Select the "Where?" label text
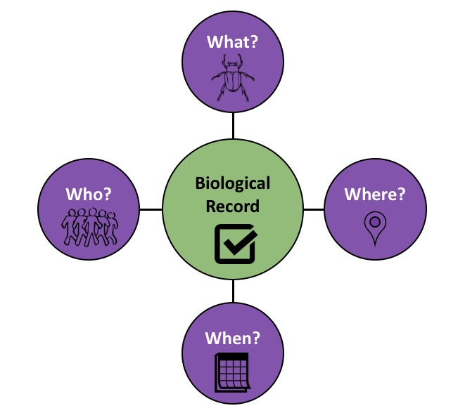374,194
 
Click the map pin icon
374,228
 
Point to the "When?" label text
233,338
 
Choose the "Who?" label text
89,193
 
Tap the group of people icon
90,226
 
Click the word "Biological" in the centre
233,184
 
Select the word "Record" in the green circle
233,206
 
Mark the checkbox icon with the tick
234,242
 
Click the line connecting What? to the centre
233,126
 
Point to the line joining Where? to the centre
314,209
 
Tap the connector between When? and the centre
233,292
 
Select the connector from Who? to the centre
151,209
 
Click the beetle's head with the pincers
232,65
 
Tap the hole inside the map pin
374,223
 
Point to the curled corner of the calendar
243,384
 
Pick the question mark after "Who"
109,193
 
